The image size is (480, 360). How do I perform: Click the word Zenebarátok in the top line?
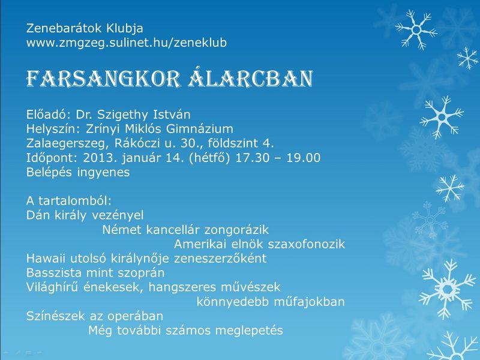(64, 28)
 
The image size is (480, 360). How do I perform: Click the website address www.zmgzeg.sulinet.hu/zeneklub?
(127, 43)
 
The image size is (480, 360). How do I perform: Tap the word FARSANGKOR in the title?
(103, 79)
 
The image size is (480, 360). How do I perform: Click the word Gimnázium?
(200, 129)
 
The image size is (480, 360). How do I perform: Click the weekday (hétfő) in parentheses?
(209, 158)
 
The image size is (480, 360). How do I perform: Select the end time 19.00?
(304, 158)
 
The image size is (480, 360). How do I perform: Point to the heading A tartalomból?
(69, 201)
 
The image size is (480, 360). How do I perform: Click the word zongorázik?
(236, 230)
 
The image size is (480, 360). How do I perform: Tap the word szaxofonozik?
(307, 244)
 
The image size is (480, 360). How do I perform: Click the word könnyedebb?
(233, 302)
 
